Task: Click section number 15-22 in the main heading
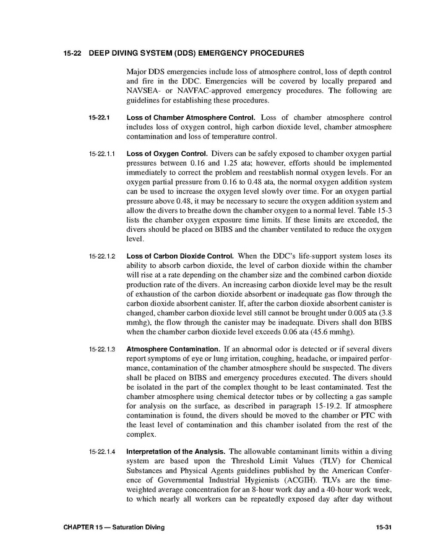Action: (73, 54)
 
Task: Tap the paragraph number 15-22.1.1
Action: (102, 153)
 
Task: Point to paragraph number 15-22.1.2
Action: (102, 255)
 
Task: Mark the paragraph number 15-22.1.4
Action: (102, 451)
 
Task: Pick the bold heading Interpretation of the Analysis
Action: (176, 451)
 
